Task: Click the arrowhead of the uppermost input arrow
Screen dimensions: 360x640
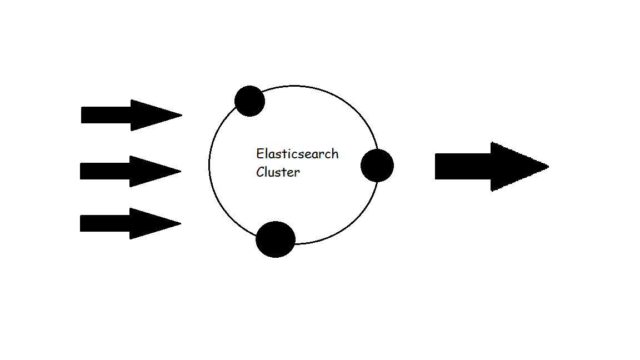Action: coord(150,116)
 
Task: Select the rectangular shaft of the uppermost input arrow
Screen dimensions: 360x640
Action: coord(106,115)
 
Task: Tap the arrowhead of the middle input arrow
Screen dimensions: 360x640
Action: coord(149,171)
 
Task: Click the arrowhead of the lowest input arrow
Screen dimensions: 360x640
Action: coord(149,223)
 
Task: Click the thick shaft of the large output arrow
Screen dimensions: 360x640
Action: coord(463,166)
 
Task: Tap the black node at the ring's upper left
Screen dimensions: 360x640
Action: coord(249,101)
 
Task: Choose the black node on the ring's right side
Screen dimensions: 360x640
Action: coord(377,166)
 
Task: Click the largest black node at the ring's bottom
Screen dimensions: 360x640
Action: coord(276,239)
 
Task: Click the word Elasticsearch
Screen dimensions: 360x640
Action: coord(297,154)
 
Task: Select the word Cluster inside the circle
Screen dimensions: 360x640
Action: coord(278,172)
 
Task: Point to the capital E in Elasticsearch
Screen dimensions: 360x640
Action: coord(259,154)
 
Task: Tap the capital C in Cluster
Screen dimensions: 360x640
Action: coord(260,172)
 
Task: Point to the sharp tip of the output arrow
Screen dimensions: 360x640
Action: coord(547,166)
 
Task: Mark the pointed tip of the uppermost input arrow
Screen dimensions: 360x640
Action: coord(181,116)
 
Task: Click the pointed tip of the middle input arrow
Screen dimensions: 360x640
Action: coord(180,171)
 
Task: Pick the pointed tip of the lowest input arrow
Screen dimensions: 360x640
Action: coord(180,223)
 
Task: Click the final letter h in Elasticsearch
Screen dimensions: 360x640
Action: coord(335,153)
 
